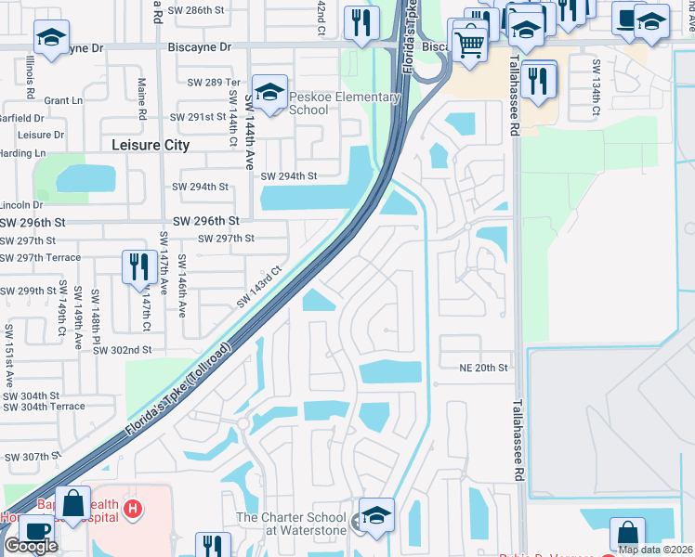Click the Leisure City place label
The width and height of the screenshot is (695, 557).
point(150,145)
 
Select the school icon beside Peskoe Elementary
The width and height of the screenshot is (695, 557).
point(270,93)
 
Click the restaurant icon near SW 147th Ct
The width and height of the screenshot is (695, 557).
point(138,266)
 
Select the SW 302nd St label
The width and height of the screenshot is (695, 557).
point(121,349)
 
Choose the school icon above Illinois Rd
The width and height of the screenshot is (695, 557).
point(50,37)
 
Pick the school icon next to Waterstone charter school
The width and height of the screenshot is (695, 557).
point(375,516)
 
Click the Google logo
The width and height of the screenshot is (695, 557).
point(31,546)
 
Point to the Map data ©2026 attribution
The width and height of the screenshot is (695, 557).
point(654,550)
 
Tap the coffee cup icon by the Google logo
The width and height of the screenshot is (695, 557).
point(36,533)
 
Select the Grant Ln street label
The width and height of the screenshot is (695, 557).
point(63,100)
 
